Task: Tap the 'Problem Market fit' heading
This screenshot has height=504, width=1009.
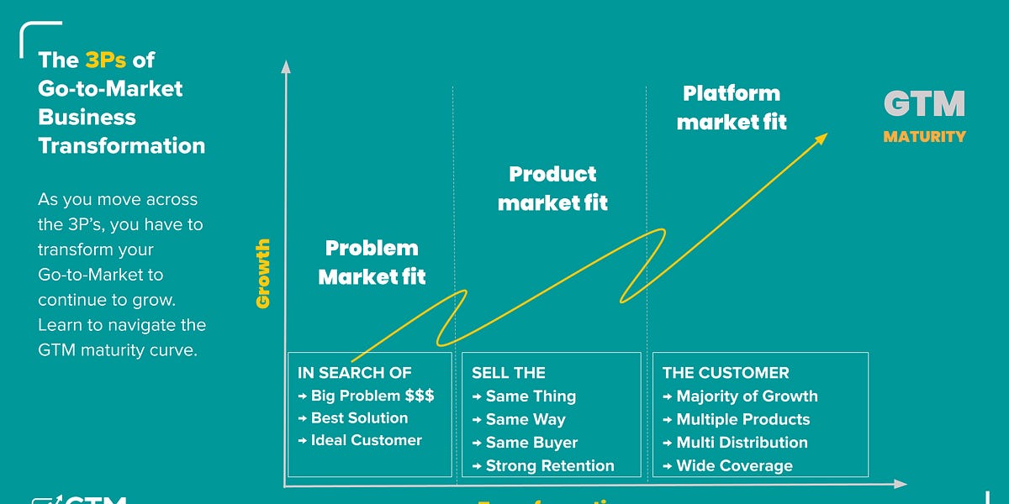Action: click(x=372, y=262)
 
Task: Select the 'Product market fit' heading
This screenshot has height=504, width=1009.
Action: click(x=552, y=188)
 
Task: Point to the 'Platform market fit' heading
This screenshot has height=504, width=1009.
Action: click(x=732, y=108)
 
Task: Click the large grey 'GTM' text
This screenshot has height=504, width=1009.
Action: click(x=924, y=104)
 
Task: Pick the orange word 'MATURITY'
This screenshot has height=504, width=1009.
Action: click(x=924, y=136)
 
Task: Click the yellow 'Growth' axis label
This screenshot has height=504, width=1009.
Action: click(x=263, y=273)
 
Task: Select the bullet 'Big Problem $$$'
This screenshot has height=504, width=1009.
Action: click(x=372, y=396)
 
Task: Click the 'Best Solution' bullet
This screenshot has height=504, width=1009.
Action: click(x=359, y=418)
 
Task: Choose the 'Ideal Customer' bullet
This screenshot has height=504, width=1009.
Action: click(x=366, y=440)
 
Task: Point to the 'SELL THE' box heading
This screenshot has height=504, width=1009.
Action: click(x=508, y=373)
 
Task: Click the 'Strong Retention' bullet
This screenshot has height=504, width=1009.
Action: click(x=549, y=465)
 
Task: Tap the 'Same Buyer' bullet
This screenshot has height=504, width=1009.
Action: click(x=531, y=443)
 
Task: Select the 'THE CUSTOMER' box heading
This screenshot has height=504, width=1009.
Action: click(x=725, y=373)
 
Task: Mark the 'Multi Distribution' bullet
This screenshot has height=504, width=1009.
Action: click(x=742, y=443)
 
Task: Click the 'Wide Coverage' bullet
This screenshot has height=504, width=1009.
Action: click(x=734, y=465)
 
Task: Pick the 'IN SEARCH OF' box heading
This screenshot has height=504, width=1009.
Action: click(x=354, y=373)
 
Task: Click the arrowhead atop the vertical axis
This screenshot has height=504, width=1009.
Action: click(x=286, y=66)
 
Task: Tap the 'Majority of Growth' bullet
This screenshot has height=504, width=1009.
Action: click(x=747, y=396)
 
